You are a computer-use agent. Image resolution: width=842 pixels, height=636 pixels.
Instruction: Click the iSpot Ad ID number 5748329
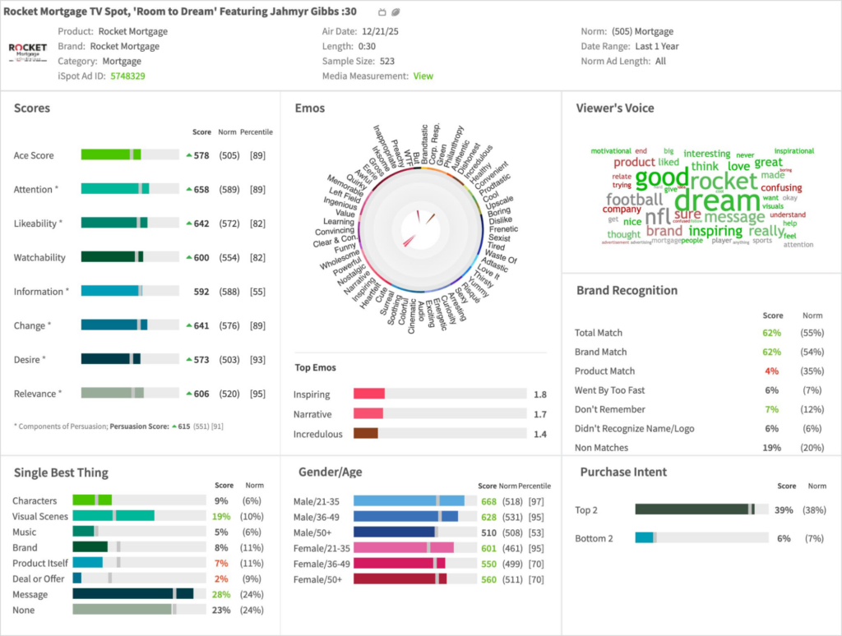pyautogui.click(x=127, y=76)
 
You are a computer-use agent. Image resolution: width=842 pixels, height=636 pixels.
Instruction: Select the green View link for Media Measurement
pyautogui.click(x=423, y=76)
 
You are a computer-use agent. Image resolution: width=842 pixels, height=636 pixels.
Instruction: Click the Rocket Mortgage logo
pyautogui.click(x=28, y=50)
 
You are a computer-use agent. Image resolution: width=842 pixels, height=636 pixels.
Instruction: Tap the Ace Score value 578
pyautogui.click(x=201, y=155)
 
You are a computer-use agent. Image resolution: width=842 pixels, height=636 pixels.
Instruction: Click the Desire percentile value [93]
pyautogui.click(x=257, y=360)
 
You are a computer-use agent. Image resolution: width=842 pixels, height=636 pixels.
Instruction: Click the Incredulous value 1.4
pyautogui.click(x=540, y=434)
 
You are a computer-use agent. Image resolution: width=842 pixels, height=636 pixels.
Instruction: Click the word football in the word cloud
pyautogui.click(x=634, y=199)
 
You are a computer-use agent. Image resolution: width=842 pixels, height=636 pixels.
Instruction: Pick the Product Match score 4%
pyautogui.click(x=771, y=371)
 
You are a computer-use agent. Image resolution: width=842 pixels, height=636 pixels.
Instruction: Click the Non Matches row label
pyautogui.click(x=601, y=448)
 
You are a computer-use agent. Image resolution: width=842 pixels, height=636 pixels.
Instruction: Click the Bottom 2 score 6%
pyautogui.click(x=783, y=538)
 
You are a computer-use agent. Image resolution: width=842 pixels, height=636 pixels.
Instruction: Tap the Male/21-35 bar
pyautogui.click(x=409, y=501)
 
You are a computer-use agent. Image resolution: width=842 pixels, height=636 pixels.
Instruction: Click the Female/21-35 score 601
pyautogui.click(x=488, y=547)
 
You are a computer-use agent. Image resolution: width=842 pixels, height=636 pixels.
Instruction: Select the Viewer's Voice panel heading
pyautogui.click(x=615, y=108)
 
